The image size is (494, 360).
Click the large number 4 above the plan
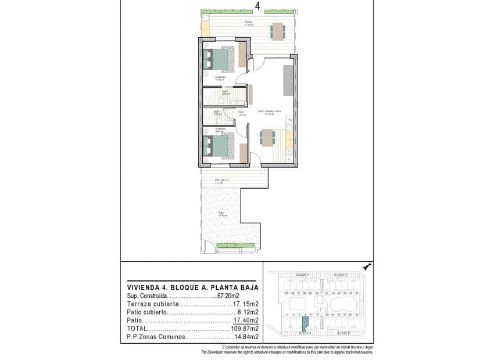click(257, 6)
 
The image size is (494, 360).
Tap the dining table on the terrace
click(277, 30)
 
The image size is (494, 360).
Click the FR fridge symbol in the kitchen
click(289, 120)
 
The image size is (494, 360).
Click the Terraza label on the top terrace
click(248, 22)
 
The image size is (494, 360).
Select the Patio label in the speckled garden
click(221, 213)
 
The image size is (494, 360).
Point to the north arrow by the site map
click(366, 266)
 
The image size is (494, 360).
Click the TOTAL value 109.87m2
click(245, 329)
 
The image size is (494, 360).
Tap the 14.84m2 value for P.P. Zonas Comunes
click(246, 337)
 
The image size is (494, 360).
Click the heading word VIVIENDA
click(143, 287)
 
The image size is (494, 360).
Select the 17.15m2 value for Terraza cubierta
click(245, 304)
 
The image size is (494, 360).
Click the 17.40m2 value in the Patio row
click(246, 321)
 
